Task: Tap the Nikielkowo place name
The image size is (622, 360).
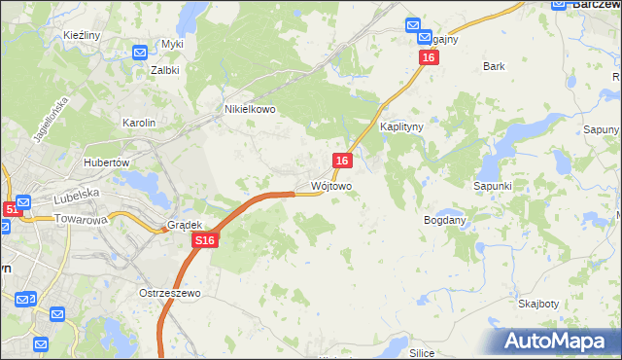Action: (x=251, y=110)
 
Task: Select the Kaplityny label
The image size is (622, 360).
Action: (x=399, y=127)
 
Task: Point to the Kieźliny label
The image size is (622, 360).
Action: (x=82, y=35)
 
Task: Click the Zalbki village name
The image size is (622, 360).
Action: (x=165, y=70)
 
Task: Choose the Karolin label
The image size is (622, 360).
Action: (x=137, y=123)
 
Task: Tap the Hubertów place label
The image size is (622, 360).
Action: (x=107, y=162)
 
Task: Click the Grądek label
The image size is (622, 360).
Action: (x=184, y=224)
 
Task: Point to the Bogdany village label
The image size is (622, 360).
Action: (x=446, y=221)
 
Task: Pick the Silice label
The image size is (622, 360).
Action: (x=422, y=353)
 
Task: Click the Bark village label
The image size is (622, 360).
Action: (x=495, y=67)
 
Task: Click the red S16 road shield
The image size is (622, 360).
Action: (x=202, y=239)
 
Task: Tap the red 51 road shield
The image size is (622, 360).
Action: (x=11, y=209)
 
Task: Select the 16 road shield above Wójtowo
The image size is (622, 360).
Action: (x=342, y=160)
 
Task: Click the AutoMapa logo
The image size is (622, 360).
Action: (x=559, y=341)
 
